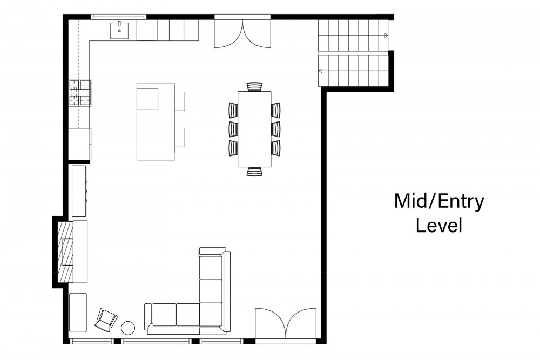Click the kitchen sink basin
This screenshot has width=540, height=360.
click(x=119, y=30)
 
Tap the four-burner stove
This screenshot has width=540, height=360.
click(x=80, y=92)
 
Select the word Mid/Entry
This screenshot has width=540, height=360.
click(x=439, y=202)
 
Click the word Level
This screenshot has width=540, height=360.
click(x=438, y=226)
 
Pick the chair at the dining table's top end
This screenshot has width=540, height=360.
click(x=254, y=86)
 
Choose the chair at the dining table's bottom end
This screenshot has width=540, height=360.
click(x=254, y=172)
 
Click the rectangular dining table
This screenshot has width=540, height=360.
click(x=254, y=129)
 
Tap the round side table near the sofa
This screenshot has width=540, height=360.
click(x=128, y=327)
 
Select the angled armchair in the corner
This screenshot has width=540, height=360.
click(x=106, y=320)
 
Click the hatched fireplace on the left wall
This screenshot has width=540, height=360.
click(x=65, y=252)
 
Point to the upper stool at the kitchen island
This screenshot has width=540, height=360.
click(x=180, y=101)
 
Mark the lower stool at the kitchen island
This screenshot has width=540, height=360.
click(x=180, y=137)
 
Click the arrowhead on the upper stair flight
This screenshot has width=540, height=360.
click(x=387, y=36)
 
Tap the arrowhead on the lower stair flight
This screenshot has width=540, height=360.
click(x=320, y=71)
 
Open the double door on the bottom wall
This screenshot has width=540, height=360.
click(x=286, y=324)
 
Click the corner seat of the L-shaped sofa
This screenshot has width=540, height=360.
click(x=211, y=314)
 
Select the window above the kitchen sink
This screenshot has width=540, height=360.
click(x=118, y=17)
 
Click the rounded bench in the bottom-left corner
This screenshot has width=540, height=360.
click(x=78, y=313)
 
